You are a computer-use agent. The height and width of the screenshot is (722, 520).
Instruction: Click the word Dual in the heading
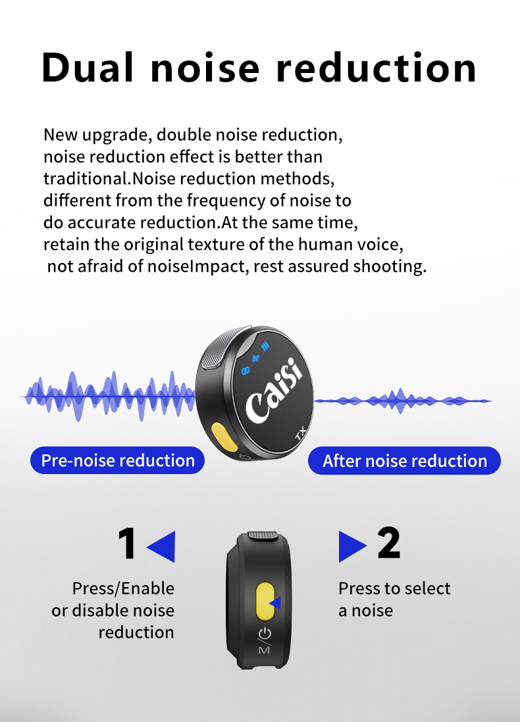point(88,68)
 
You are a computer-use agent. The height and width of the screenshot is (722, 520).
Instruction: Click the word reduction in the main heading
point(376,68)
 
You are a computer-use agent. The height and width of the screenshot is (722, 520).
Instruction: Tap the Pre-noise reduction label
point(118,460)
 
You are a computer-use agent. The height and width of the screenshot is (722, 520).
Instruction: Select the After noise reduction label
point(404,460)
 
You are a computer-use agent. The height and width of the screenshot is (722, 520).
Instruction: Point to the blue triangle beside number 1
point(161,546)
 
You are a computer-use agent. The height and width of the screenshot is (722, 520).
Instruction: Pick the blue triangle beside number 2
point(353,546)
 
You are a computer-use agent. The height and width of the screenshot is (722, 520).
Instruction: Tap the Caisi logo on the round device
point(274,391)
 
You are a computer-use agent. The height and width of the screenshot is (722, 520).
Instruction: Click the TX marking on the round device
point(301,433)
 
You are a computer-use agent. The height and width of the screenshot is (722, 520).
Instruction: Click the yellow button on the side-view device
point(265,601)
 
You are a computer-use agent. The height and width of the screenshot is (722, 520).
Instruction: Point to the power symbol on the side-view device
point(265,634)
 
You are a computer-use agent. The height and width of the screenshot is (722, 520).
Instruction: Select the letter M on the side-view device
point(264,650)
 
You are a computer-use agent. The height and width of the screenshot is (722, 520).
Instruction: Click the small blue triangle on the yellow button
point(276,603)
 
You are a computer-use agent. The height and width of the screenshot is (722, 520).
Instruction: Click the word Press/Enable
point(123,589)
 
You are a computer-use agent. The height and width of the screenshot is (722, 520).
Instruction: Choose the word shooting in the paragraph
point(390,266)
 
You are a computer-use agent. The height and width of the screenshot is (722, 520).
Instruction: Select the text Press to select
point(394,589)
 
